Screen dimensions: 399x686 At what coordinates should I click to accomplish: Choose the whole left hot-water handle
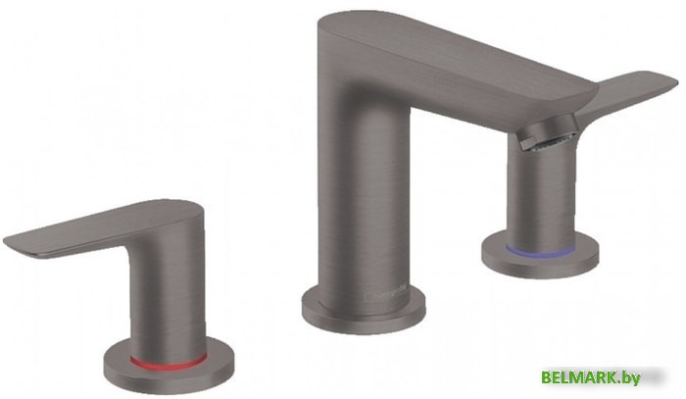147,284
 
